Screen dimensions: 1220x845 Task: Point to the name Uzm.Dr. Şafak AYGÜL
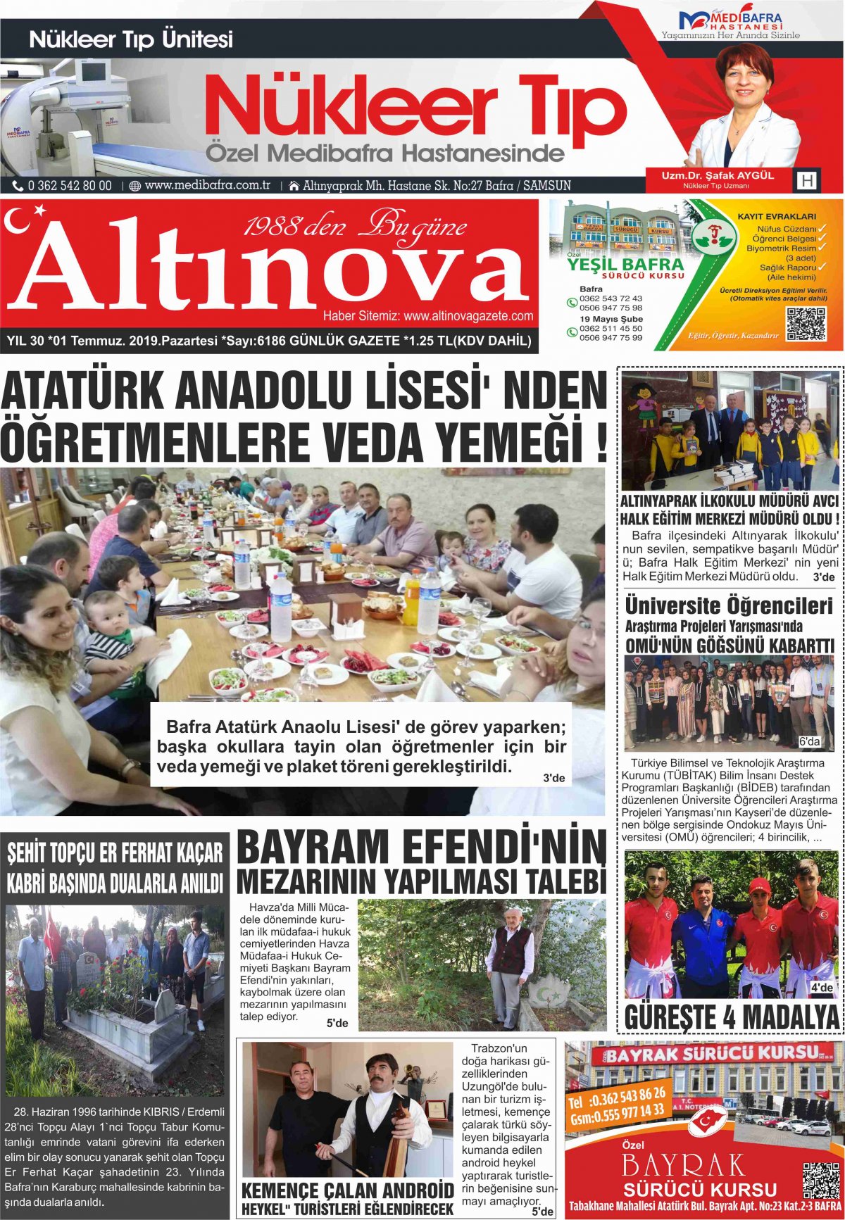point(717,175)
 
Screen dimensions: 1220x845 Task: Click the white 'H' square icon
point(807,181)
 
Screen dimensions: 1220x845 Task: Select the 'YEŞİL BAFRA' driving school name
point(625,265)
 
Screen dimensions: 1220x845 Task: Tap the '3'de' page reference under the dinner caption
point(553,778)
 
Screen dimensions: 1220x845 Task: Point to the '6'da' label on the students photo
point(809,742)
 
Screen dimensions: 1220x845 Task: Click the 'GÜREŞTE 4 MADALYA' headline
point(732,1017)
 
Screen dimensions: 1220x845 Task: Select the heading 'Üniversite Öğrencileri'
point(728,606)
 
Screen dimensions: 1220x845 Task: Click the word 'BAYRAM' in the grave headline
point(322,847)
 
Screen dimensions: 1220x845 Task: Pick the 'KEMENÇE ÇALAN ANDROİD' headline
point(347,1191)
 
